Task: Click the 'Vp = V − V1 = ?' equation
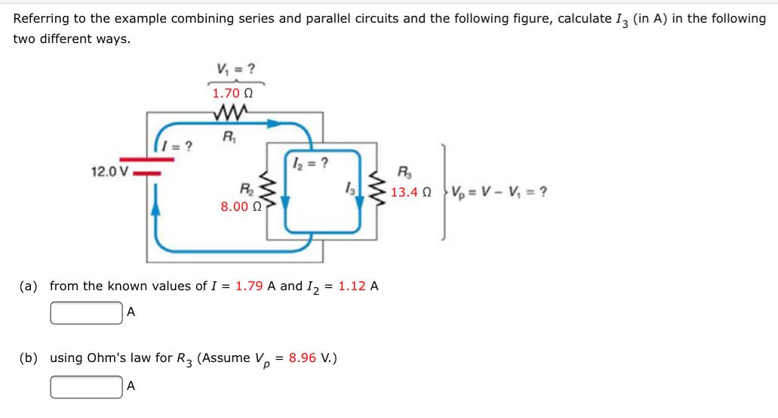498,192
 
